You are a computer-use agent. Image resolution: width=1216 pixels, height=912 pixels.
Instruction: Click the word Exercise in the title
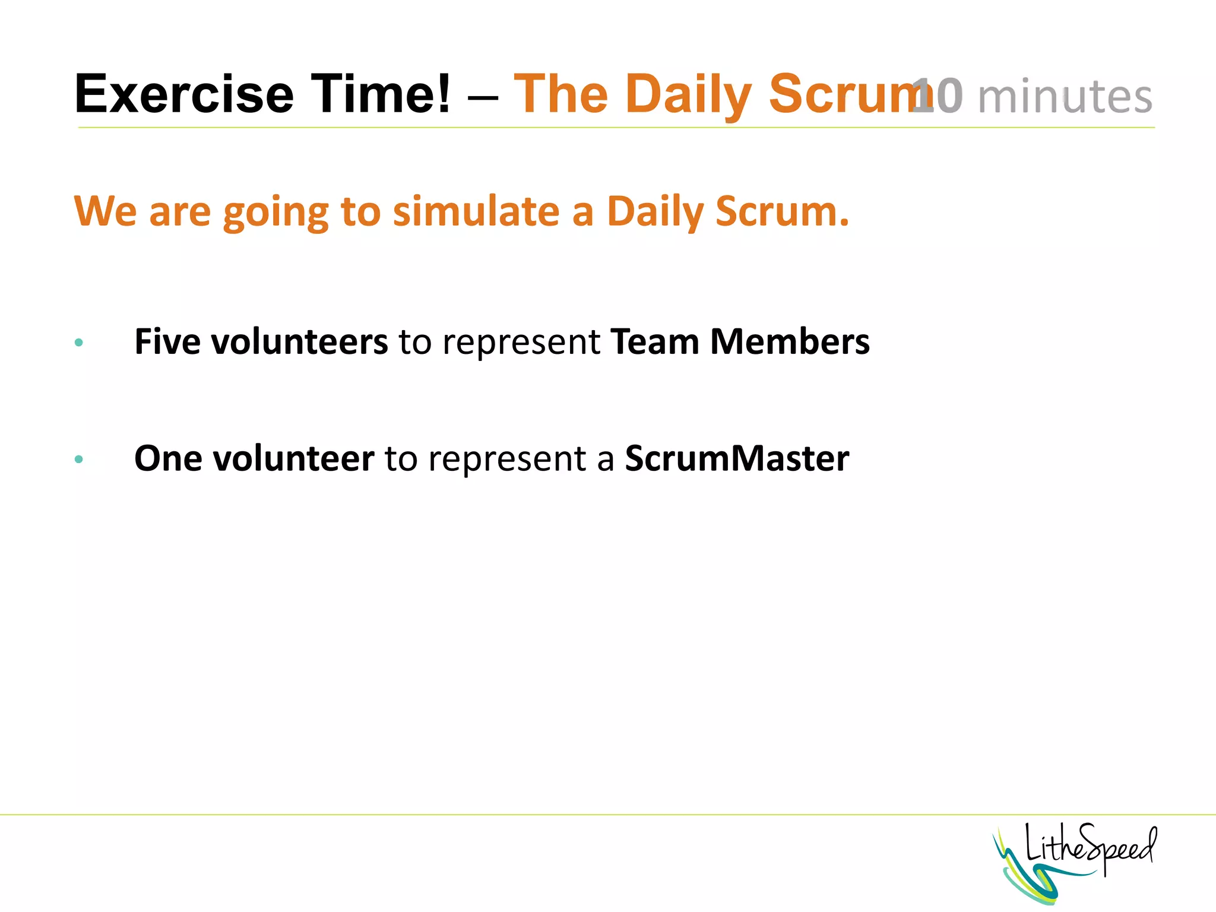[184, 94]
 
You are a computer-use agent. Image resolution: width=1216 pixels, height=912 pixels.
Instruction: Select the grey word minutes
[1065, 96]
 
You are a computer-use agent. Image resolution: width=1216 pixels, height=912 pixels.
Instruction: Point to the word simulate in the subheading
[476, 212]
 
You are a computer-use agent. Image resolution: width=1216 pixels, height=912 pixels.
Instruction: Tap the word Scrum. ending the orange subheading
[782, 212]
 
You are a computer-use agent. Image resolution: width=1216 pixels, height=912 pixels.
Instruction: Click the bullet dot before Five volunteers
[79, 343]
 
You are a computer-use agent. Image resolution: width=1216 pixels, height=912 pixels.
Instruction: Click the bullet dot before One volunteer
[79, 459]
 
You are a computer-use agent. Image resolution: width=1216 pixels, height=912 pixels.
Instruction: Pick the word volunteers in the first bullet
[299, 342]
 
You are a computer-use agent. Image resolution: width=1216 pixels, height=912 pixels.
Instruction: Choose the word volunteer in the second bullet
[293, 458]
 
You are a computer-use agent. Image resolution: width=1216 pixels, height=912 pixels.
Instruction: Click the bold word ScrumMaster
[737, 458]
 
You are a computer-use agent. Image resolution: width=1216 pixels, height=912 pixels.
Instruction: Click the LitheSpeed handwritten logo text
[1091, 847]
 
